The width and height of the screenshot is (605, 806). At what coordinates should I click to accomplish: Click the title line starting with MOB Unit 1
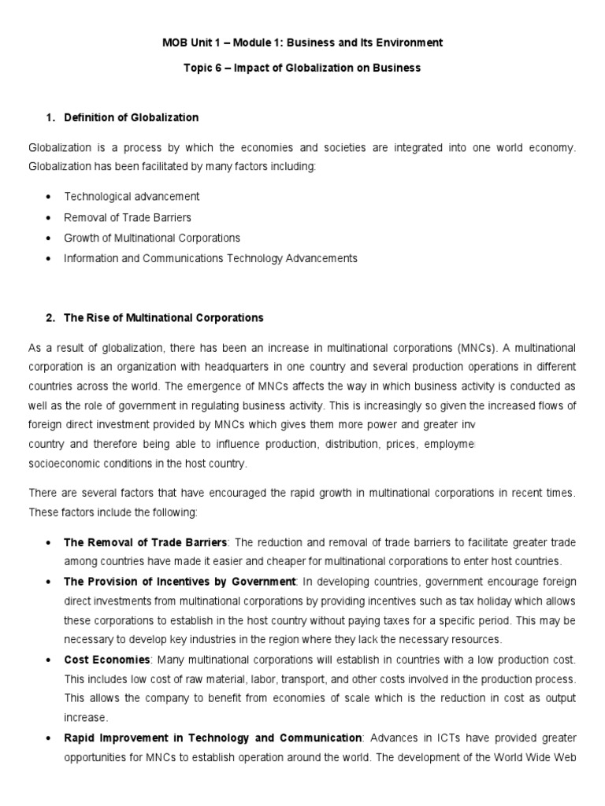coord(302,42)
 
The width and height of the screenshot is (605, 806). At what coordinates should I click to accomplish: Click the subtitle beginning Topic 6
coord(302,68)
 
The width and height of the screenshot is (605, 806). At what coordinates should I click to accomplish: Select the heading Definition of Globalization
coord(131,117)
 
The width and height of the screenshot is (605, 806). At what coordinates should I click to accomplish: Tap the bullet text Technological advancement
coord(132,196)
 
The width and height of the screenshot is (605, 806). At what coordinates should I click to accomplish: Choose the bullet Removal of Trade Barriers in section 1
coord(128,216)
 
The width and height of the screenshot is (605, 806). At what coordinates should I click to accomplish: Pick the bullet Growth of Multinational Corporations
coord(152,237)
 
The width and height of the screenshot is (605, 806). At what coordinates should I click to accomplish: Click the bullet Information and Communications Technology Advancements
coord(210,257)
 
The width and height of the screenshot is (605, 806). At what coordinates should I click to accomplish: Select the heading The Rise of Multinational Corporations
coord(163,318)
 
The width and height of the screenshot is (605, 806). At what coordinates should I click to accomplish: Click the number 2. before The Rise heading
coord(50,318)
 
